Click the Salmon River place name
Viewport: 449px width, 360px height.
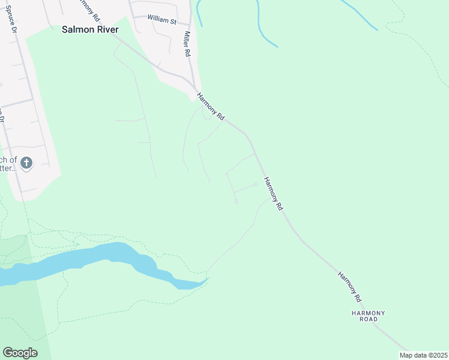point(91,29)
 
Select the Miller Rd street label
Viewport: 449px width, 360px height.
point(188,44)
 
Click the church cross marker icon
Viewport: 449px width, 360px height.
point(26,162)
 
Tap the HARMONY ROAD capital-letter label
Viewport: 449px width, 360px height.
point(368,316)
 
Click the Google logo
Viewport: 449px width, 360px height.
point(20,353)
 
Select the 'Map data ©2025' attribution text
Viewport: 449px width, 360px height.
point(423,355)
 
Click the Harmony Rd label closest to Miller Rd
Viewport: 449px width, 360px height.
point(211,104)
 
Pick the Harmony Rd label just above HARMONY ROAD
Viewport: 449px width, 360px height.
point(349,286)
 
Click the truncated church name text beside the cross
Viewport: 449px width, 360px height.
point(8,164)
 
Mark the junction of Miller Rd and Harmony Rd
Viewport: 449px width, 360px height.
point(194,89)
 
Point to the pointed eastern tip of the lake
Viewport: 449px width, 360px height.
point(208,278)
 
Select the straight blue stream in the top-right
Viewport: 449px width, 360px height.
point(358,14)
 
